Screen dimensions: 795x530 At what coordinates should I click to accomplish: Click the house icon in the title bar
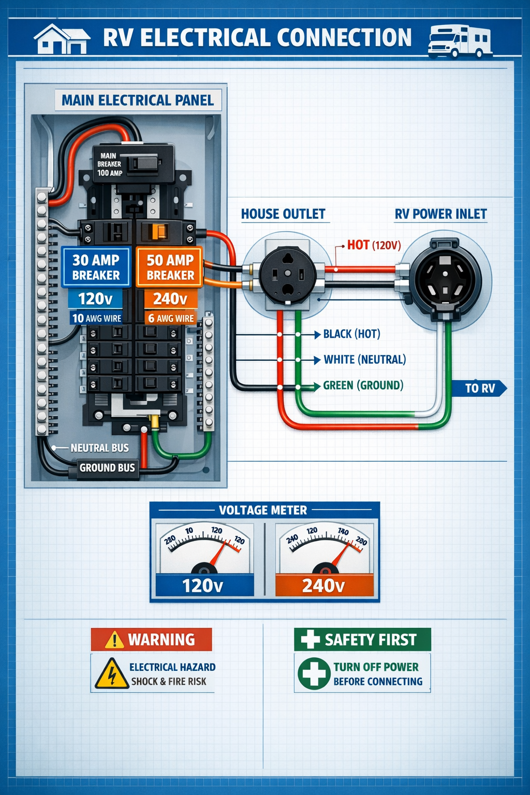point(62,39)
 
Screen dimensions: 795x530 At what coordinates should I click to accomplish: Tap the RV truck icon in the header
point(459,41)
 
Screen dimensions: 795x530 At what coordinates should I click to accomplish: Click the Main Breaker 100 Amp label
point(110,164)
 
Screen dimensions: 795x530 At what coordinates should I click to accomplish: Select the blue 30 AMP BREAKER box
point(96,267)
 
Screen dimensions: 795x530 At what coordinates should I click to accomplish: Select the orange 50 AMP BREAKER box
point(170,267)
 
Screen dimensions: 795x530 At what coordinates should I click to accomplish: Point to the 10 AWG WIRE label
point(96,318)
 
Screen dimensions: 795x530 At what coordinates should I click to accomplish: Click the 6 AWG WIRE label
point(170,318)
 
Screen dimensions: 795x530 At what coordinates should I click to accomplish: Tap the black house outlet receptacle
point(287,274)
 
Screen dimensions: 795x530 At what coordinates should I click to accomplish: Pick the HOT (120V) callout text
point(374,245)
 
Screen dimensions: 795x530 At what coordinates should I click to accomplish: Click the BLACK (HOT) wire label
point(351,334)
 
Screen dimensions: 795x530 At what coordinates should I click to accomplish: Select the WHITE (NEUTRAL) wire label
point(364,360)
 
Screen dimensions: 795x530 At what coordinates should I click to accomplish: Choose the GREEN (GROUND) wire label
point(363,386)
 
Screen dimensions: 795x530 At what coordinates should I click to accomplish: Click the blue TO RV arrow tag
point(479,388)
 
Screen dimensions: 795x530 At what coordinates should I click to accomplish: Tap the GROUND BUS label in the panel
point(107,468)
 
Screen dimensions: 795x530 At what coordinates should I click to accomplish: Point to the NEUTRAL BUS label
point(99,448)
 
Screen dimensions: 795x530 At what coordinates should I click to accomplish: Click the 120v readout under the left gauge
point(203,585)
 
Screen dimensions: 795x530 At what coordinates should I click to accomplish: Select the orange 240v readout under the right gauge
point(323,585)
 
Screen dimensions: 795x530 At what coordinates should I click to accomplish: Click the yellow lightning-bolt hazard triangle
point(111,674)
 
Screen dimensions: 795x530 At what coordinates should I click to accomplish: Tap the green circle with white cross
point(314,673)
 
